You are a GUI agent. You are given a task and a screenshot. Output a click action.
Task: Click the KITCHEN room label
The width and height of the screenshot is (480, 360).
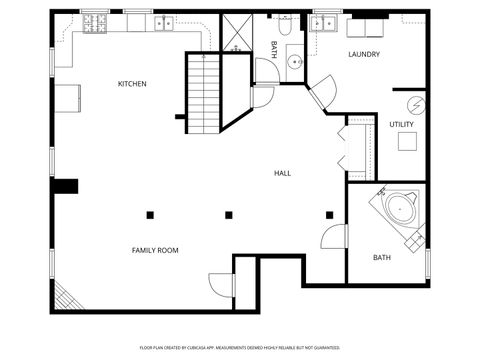(132, 84)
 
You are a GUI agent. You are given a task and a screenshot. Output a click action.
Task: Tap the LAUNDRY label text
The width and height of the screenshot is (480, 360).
(364, 54)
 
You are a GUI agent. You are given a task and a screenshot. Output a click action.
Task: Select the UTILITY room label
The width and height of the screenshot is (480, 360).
(402, 124)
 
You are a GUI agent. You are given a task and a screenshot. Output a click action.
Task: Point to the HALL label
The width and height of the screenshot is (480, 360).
(283, 173)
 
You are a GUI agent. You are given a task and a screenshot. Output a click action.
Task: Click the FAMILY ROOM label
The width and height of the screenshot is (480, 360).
(155, 250)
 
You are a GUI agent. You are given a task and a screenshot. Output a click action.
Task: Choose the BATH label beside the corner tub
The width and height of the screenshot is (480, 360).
(382, 258)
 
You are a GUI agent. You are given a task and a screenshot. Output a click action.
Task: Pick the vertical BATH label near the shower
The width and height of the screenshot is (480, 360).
(274, 49)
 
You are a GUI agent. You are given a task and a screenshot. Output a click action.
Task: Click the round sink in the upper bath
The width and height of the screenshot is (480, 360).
(295, 63)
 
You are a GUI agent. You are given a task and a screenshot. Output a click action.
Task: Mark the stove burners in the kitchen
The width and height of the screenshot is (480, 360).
(97, 21)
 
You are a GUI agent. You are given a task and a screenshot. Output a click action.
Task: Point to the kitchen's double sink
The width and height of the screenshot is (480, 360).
(164, 23)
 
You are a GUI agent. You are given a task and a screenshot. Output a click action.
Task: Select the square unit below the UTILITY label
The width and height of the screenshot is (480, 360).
(407, 142)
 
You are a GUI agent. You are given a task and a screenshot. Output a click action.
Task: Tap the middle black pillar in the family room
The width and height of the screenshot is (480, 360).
(229, 214)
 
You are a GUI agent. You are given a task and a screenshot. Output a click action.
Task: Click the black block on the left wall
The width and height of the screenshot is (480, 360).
(65, 186)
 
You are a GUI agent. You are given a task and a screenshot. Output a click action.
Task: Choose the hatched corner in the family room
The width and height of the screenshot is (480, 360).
(65, 295)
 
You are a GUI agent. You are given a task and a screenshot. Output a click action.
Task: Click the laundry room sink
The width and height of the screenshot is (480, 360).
(323, 24)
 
